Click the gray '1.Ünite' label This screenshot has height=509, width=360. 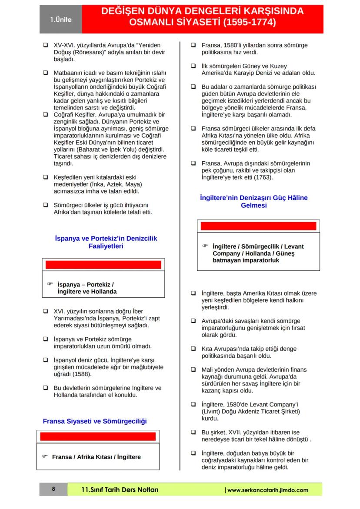pos(60,20)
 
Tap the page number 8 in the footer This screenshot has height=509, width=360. pos(53,489)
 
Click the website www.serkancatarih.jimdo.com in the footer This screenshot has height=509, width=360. pos(268,490)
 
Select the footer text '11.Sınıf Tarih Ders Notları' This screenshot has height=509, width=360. pos(120,490)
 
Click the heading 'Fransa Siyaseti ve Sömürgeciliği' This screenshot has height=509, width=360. pos(94,421)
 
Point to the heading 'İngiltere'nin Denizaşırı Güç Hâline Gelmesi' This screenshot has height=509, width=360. pos(253,201)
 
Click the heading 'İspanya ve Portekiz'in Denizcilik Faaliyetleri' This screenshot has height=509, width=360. pos(106,242)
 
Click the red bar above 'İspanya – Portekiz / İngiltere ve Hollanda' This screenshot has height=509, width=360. pos(103,265)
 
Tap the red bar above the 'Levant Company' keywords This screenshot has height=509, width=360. pos(257,226)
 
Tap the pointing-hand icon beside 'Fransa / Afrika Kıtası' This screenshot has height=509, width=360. pos(44,456)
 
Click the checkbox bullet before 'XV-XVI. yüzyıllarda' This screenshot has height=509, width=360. pos(45,44)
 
